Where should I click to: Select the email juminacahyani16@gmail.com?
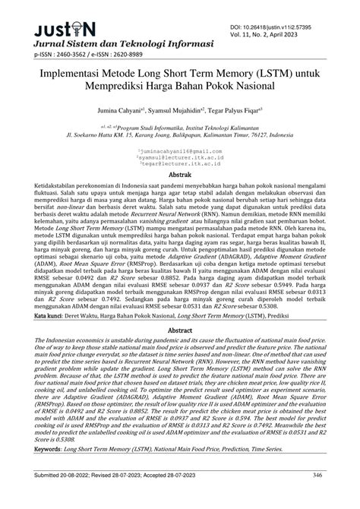tap(180, 152)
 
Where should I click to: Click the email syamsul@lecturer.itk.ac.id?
tap(180, 159)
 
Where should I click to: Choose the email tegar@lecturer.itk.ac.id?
tap(180, 166)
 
